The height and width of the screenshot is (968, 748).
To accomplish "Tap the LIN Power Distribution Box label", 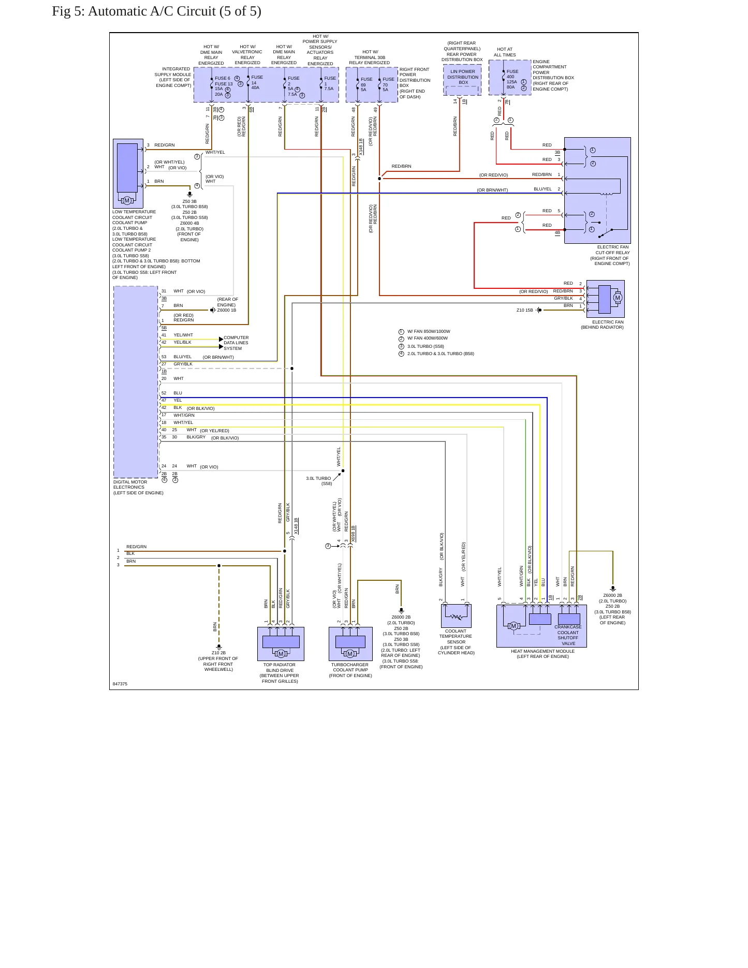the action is pyautogui.click(x=463, y=77).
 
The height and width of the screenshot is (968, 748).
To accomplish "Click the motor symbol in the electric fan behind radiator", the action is pyautogui.click(x=617, y=298).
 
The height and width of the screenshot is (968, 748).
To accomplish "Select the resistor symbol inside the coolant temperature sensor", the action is pyautogui.click(x=456, y=617).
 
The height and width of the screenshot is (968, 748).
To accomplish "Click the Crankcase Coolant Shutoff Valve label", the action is pyautogui.click(x=568, y=635).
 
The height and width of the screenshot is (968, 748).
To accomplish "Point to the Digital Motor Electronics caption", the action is pyautogui.click(x=138, y=488).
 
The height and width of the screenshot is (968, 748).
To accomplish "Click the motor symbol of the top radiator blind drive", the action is pyautogui.click(x=281, y=654).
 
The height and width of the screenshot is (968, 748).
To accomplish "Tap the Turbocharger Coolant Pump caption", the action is pyautogui.click(x=350, y=670).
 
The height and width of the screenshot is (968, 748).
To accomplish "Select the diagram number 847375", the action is pyautogui.click(x=120, y=684).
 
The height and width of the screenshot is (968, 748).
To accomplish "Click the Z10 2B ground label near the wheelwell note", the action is pyautogui.click(x=218, y=653).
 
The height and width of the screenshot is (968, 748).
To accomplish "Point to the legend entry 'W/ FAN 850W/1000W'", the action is pyautogui.click(x=429, y=331).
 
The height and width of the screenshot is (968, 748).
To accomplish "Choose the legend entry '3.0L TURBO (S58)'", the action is pyautogui.click(x=426, y=346).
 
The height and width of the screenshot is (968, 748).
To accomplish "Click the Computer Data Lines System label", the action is pyautogui.click(x=236, y=343).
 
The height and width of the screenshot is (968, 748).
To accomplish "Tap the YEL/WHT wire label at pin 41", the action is pyautogui.click(x=183, y=335).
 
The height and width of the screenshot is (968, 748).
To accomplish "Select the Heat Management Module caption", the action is pyautogui.click(x=542, y=654).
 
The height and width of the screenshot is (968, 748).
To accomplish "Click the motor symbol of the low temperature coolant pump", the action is pyautogui.click(x=127, y=200).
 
